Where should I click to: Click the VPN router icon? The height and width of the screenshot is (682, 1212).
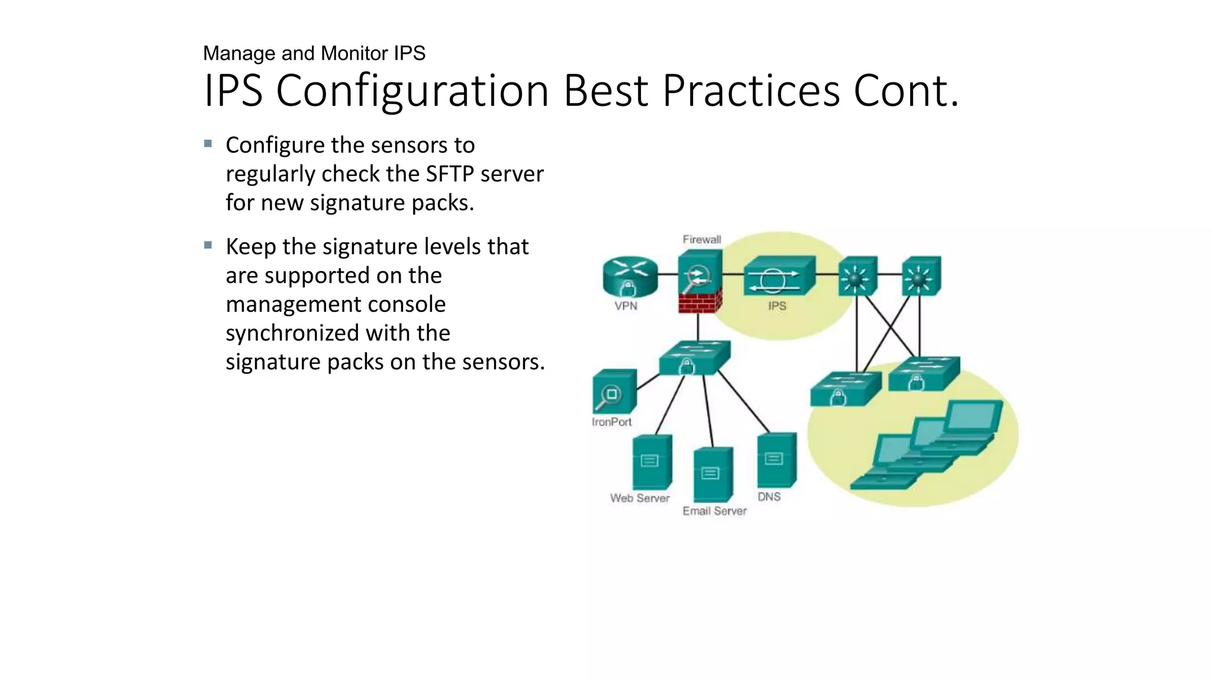tap(630, 275)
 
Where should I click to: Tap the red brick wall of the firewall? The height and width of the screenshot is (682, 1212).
tap(700, 302)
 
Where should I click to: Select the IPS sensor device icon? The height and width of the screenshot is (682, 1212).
tap(779, 276)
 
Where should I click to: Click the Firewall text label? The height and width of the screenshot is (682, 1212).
tap(702, 240)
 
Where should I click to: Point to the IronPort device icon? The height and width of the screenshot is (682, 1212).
tap(614, 392)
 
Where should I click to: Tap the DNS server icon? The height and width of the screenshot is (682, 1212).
tap(776, 460)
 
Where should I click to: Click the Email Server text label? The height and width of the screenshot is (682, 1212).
tap(714, 511)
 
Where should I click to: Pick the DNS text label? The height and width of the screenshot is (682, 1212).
tap(769, 497)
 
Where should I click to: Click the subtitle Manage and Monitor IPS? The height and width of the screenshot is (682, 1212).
tap(314, 53)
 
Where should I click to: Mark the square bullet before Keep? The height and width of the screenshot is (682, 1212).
tap(208, 245)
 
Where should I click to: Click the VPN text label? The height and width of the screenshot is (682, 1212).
tap(626, 306)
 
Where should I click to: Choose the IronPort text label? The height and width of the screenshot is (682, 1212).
tap(611, 422)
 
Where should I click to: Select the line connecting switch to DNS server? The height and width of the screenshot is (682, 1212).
tap(744, 403)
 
